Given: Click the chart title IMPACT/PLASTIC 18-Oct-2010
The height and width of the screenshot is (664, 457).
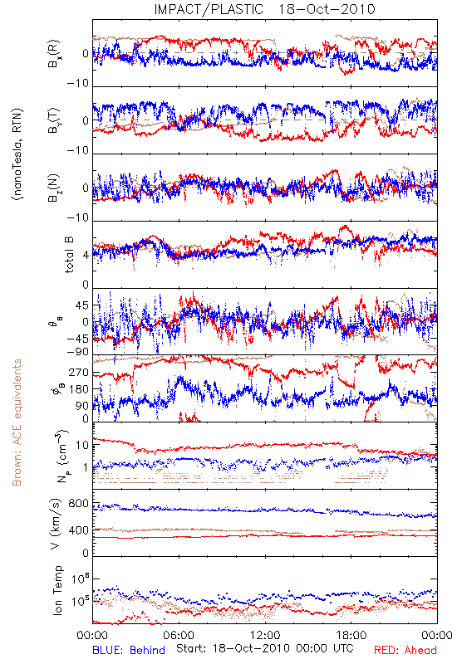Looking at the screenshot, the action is [x=264, y=9].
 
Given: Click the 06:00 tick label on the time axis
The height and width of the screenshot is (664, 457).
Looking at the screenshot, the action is [x=179, y=635].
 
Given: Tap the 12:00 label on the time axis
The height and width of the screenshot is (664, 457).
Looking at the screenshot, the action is [x=265, y=635].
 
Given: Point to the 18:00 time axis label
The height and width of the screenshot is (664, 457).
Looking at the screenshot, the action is [x=351, y=635].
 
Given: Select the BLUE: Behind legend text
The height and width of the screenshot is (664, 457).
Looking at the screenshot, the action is [x=129, y=651].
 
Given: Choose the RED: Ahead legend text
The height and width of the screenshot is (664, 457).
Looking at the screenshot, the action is [x=405, y=651].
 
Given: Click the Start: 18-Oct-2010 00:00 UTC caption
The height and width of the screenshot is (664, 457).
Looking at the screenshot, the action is [x=265, y=648].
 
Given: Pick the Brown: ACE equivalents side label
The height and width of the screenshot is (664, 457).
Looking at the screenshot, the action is [x=17, y=422].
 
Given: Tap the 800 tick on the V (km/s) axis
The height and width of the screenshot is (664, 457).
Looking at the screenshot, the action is [x=78, y=504].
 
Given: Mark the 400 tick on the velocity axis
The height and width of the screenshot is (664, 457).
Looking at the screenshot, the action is [x=78, y=530].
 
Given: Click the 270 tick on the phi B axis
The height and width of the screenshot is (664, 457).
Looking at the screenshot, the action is [x=78, y=373].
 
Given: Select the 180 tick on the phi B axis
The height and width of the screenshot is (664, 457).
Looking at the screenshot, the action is [x=78, y=389].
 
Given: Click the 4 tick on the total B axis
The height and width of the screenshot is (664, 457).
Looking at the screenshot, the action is [x=86, y=256].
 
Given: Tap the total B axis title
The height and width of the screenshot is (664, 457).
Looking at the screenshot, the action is [x=69, y=254].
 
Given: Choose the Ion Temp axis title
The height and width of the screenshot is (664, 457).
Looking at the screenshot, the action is [x=57, y=590].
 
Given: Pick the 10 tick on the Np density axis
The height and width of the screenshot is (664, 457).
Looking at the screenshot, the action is [x=82, y=446].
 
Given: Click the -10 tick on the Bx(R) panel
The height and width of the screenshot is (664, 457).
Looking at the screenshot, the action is [x=78, y=84].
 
